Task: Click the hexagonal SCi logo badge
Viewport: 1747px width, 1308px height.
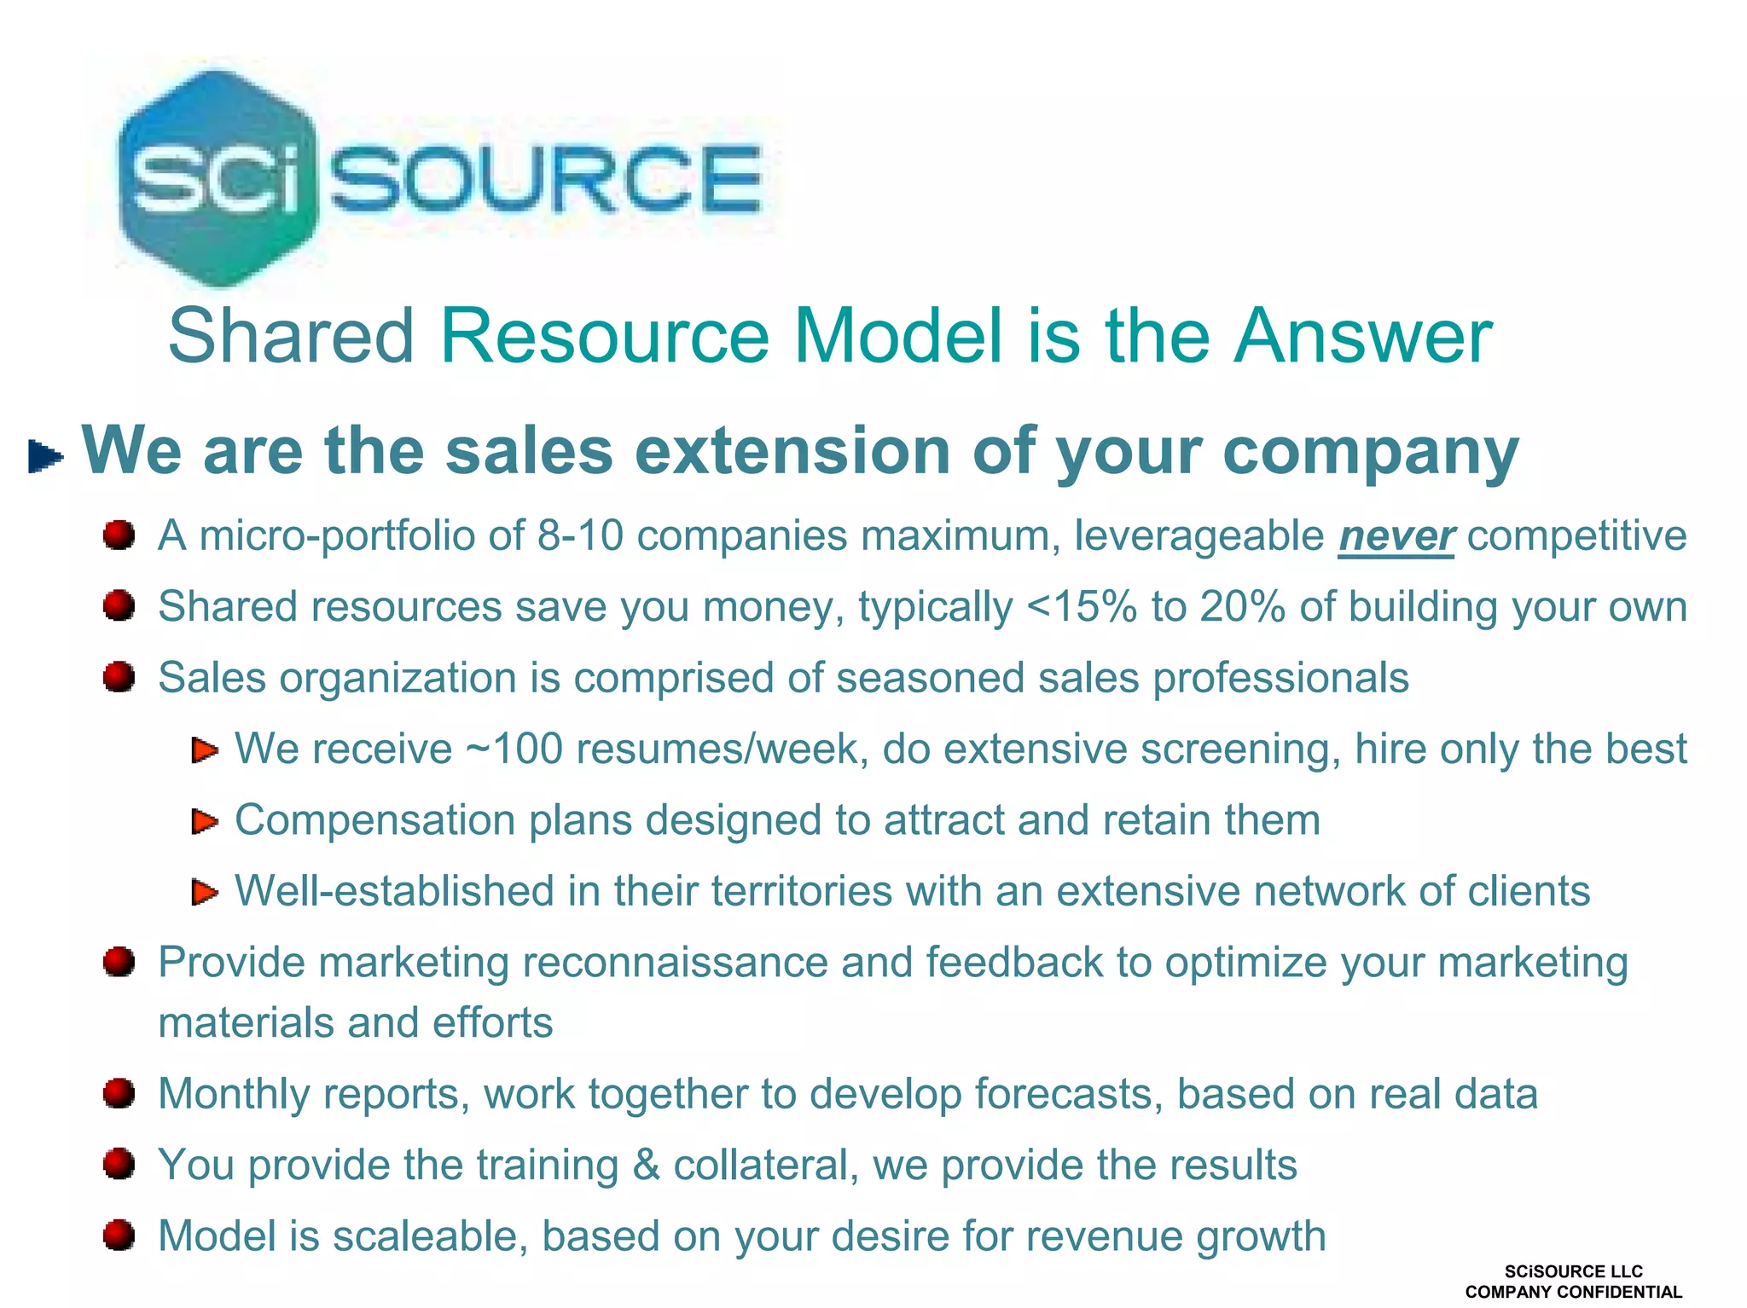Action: pos(217,177)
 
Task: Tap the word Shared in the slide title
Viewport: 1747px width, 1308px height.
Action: pos(291,336)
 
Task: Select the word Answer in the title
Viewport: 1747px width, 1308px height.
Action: pos(1363,336)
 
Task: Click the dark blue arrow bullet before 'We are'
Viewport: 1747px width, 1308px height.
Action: pos(45,455)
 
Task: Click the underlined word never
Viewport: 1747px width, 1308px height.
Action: pos(1396,536)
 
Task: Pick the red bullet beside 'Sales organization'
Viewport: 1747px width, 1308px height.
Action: pos(119,678)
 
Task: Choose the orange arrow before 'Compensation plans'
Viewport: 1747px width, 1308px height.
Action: pos(205,821)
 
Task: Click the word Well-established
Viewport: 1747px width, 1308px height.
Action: pos(394,891)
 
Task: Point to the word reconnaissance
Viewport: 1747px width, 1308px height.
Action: pos(675,963)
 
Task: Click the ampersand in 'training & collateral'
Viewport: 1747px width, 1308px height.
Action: pos(646,1165)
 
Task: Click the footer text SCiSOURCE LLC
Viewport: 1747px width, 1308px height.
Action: pos(1573,1271)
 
